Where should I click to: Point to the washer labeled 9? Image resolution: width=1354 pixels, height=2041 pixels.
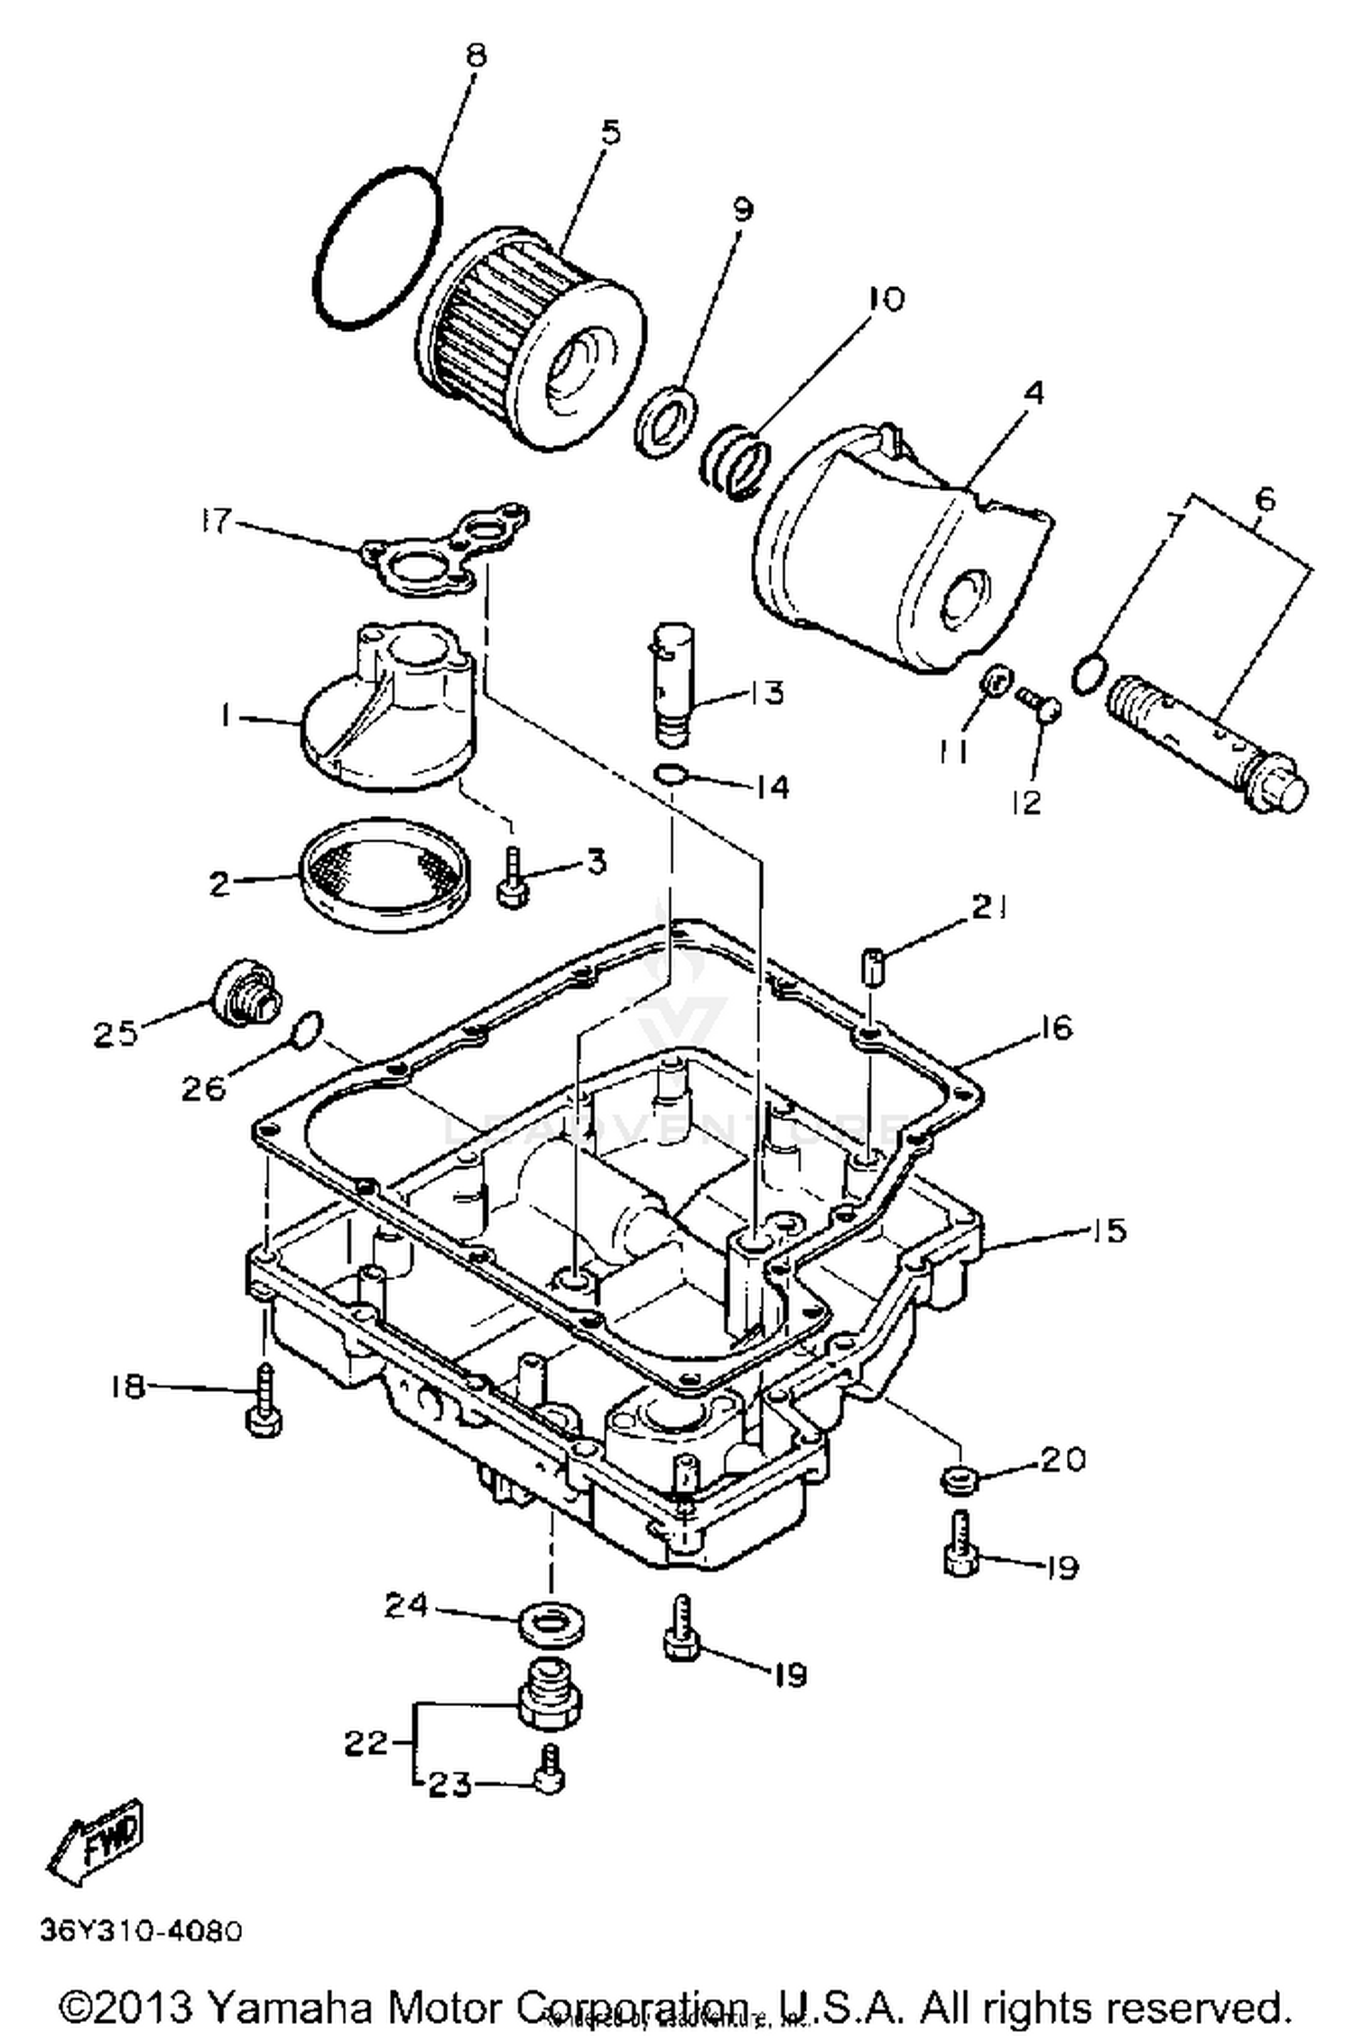click(666, 421)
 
